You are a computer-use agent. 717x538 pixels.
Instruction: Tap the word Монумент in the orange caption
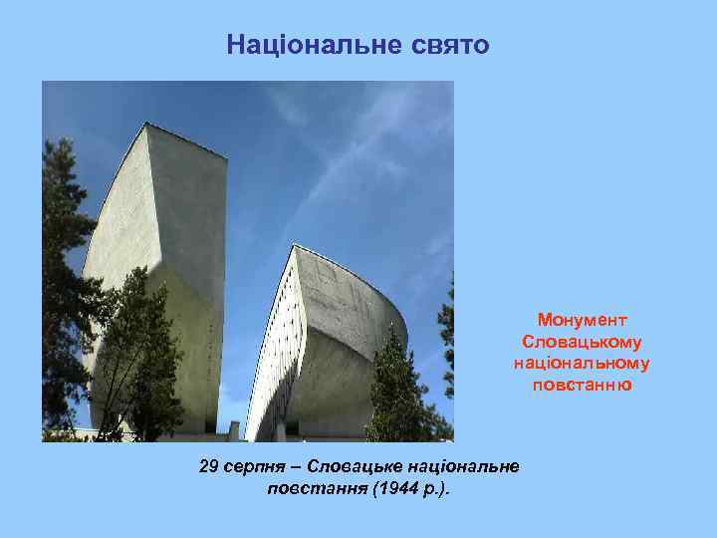pyautogui.click(x=582, y=320)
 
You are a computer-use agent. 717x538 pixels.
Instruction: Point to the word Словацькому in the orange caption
pyautogui.click(x=582, y=341)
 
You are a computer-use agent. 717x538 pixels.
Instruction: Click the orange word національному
pyautogui.click(x=582, y=363)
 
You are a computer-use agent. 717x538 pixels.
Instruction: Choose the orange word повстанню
pyautogui.click(x=582, y=385)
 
